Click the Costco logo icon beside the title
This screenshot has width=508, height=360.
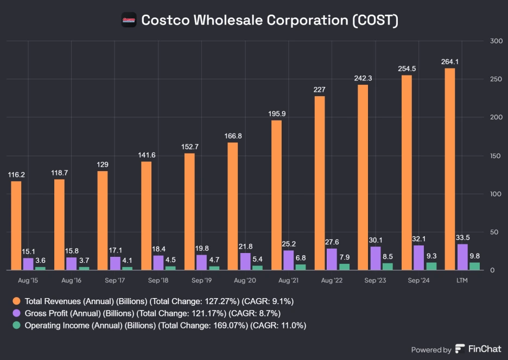click(128, 21)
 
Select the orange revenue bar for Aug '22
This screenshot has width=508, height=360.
click(320, 183)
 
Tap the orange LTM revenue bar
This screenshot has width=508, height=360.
click(450, 169)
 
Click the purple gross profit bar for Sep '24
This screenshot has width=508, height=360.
click(418, 257)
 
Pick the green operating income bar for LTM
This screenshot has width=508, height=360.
click(474, 266)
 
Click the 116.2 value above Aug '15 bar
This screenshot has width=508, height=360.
click(16, 175)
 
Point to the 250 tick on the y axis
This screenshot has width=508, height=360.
click(494, 79)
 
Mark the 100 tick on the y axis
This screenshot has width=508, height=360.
click(494, 194)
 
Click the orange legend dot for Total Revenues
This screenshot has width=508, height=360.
click(17, 301)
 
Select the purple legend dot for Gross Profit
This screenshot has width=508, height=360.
click(17, 313)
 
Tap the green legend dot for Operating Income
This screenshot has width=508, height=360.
click(17, 326)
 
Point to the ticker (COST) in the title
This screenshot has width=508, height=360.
click(374, 21)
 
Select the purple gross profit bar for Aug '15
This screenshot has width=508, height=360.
click(28, 263)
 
